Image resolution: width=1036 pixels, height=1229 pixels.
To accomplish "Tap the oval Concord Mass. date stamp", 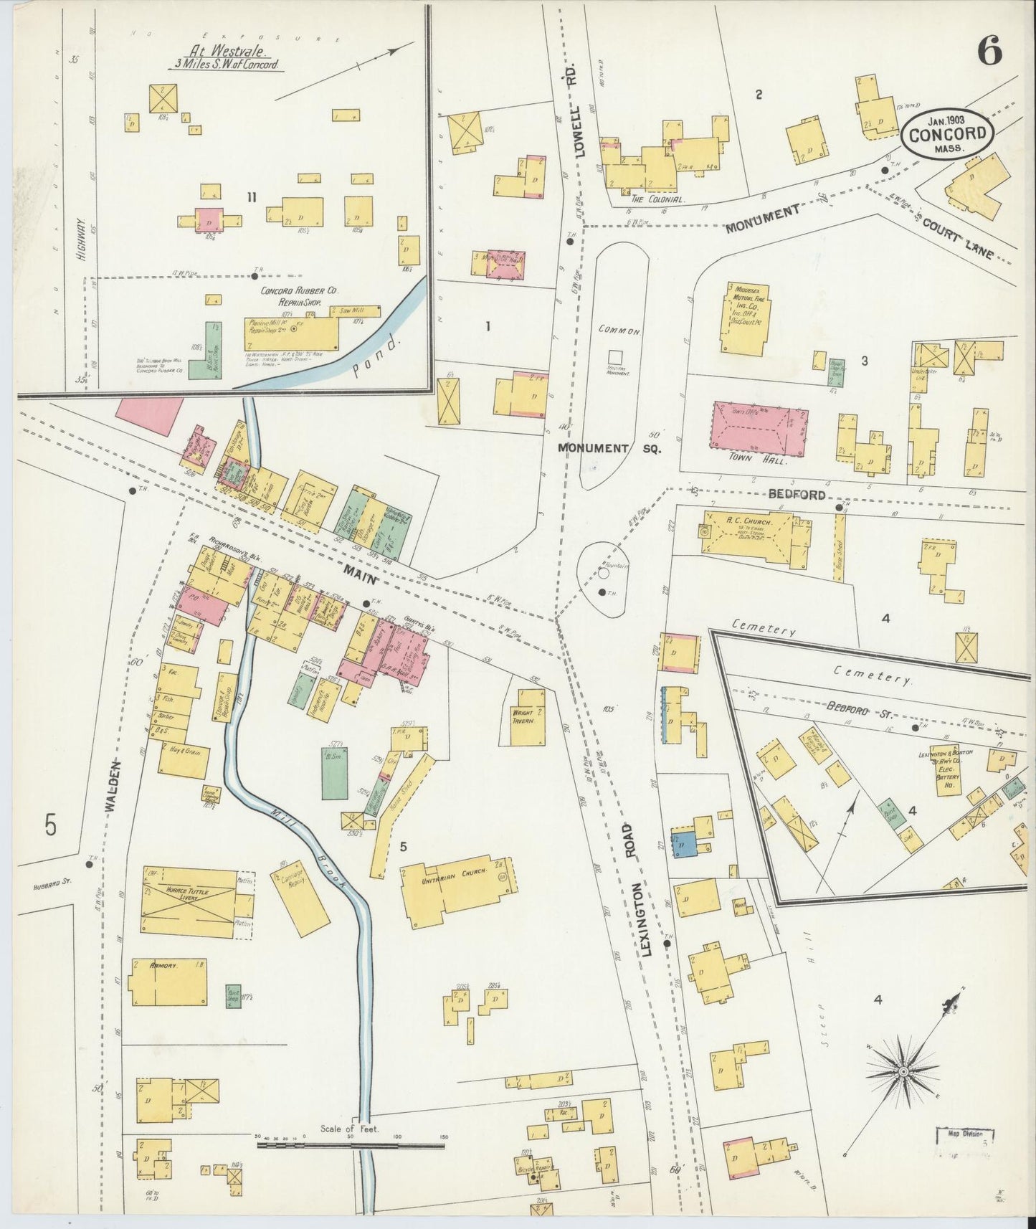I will coord(948,134).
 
